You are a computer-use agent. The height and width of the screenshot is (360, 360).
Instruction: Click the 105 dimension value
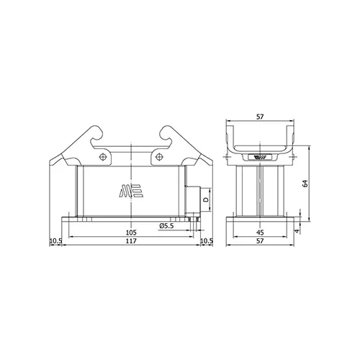pos(131,233)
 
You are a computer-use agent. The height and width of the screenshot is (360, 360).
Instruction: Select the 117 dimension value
pos(131,240)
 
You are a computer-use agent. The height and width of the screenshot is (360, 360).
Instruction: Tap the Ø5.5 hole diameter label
pos(166,226)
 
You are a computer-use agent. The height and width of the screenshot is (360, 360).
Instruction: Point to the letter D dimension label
pos(205,199)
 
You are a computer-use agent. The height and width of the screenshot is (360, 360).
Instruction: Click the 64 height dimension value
pos(305,184)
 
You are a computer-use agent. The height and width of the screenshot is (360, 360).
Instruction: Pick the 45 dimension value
pos(260,233)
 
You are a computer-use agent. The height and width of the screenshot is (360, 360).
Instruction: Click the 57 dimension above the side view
pos(260,117)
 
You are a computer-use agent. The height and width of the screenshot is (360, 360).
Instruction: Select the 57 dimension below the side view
pos(260,240)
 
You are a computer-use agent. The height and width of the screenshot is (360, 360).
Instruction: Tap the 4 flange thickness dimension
pos(297,231)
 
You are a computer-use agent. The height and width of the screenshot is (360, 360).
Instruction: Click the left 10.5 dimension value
pos(55,240)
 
